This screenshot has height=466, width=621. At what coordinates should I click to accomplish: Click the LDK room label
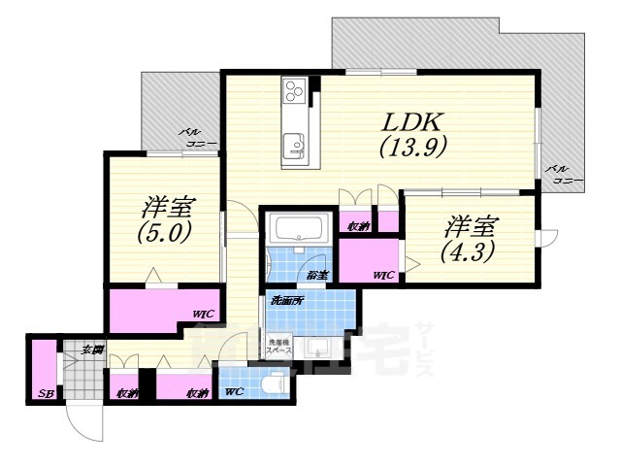click(x=410, y=122)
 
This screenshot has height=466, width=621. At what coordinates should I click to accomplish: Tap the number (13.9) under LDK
click(x=410, y=148)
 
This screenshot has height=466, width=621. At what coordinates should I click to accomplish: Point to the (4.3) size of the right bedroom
click(x=470, y=251)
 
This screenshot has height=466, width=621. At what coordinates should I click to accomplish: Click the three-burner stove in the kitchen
click(x=295, y=93)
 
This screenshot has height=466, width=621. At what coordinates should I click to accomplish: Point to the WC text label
click(x=234, y=392)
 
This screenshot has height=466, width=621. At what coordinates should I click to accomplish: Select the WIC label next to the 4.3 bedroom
click(x=384, y=276)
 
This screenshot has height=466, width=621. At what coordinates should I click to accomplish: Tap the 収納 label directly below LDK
click(x=358, y=226)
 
